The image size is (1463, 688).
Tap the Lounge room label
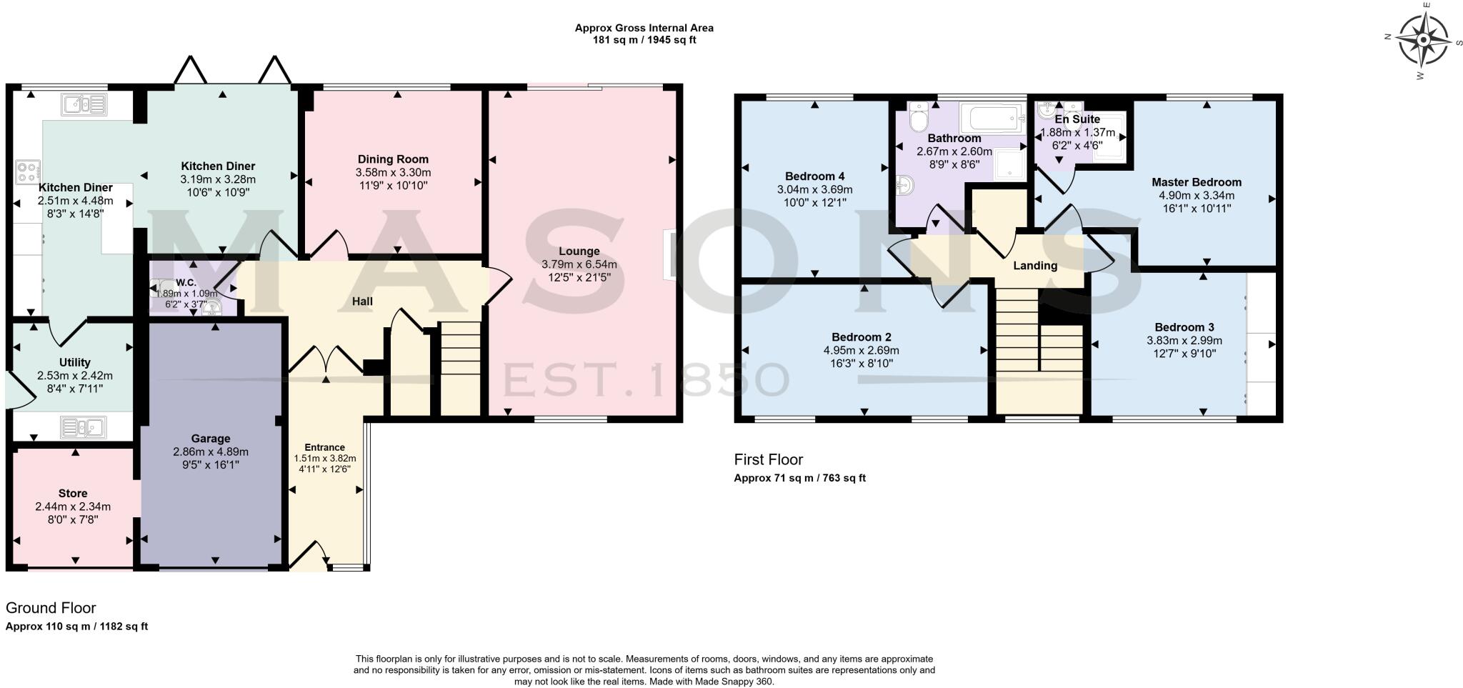pyautogui.click(x=579, y=251)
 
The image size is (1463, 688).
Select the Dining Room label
pyautogui.click(x=393, y=159)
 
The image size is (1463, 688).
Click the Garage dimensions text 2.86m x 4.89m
pyautogui.click(x=210, y=452)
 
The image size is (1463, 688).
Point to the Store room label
pyautogui.click(x=73, y=494)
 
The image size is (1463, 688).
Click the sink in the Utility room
pyautogui.click(x=84, y=427)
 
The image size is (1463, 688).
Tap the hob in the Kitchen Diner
pyautogui.click(x=29, y=172)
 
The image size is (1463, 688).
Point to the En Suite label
pyautogui.click(x=1077, y=119)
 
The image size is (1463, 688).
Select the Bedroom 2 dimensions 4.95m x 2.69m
pyautogui.click(x=861, y=350)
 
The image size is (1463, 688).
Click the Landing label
pyautogui.click(x=1035, y=266)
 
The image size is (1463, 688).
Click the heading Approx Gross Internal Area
pyautogui.click(x=644, y=29)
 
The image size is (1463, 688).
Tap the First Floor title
pyautogui.click(x=768, y=459)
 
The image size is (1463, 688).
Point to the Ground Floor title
pyautogui.click(x=51, y=608)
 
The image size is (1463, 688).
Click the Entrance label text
pyautogui.click(x=324, y=447)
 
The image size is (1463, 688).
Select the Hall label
pyautogui.click(x=362, y=301)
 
